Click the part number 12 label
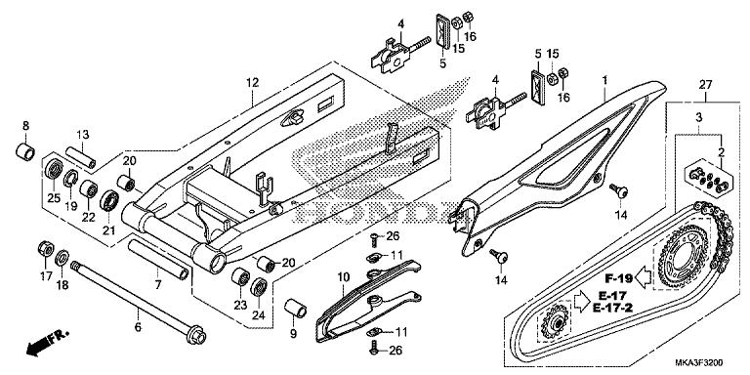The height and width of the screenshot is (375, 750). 253,83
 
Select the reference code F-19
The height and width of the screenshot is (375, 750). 619,278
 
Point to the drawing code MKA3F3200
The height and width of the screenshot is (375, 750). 699,362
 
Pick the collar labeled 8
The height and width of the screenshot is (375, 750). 25,151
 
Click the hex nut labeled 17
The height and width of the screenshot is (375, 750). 46,249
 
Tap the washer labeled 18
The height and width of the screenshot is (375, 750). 62,259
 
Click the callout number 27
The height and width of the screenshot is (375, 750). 705,85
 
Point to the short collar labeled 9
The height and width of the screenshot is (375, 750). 296,308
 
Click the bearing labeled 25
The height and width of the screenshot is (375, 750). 53,168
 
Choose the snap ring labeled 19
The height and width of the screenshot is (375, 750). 70,179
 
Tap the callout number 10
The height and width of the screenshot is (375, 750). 344,276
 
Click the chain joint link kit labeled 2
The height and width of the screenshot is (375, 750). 708,179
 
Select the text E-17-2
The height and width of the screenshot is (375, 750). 612,308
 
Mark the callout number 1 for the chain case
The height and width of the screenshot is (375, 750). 604,80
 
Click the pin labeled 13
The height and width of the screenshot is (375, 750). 81,157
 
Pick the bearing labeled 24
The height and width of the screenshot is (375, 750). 260,286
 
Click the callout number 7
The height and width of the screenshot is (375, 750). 158,285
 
